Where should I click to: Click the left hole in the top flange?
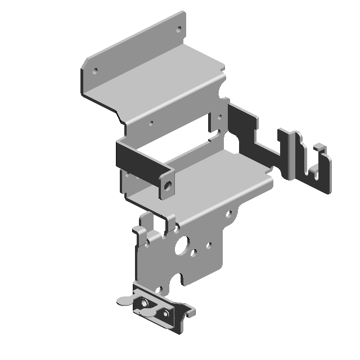point(94,71)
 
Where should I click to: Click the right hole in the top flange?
point(179,29)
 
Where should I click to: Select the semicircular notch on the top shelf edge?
point(220,89)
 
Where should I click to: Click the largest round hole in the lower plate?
point(183,245)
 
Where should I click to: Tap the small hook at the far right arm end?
point(320,148)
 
